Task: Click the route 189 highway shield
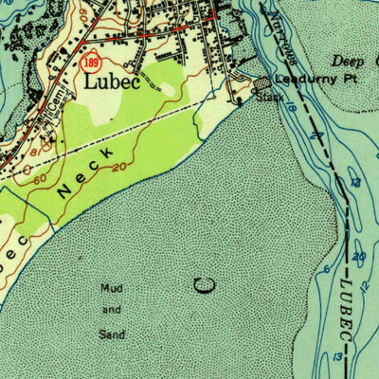point(90,63)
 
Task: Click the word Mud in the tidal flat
point(113,287)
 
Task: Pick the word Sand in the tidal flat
point(113,334)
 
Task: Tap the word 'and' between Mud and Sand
point(113,311)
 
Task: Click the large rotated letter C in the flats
point(201,285)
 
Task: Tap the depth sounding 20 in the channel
point(359,257)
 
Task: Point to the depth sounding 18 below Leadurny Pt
point(292,110)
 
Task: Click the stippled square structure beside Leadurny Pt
point(262,84)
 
